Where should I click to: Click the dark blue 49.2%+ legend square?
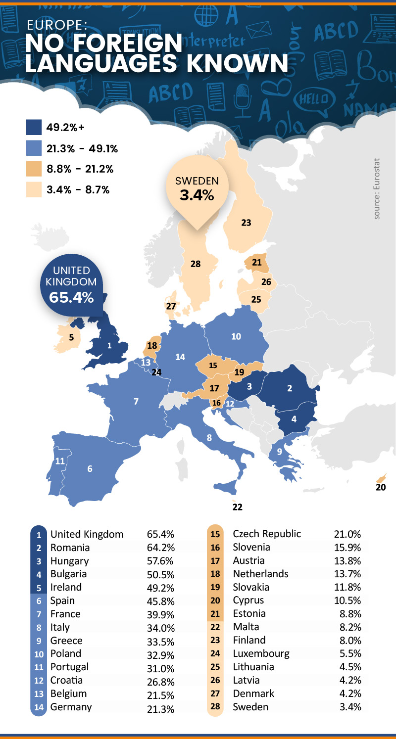point(33,128)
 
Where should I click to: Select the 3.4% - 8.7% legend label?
point(78,190)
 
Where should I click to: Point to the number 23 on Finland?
point(246,223)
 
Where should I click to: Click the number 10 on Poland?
point(236,336)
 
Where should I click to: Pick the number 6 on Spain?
point(90,469)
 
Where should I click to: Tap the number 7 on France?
point(136,401)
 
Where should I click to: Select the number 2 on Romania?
point(290,388)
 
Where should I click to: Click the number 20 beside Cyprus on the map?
point(380,487)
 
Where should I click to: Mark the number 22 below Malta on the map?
point(237,507)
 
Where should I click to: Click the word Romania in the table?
point(70,548)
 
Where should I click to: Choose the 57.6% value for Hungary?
point(160,561)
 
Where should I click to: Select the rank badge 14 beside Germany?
point(39,707)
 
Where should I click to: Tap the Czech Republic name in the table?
point(266,534)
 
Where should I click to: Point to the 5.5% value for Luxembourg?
point(350,653)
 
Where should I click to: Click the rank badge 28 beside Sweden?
point(215,706)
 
